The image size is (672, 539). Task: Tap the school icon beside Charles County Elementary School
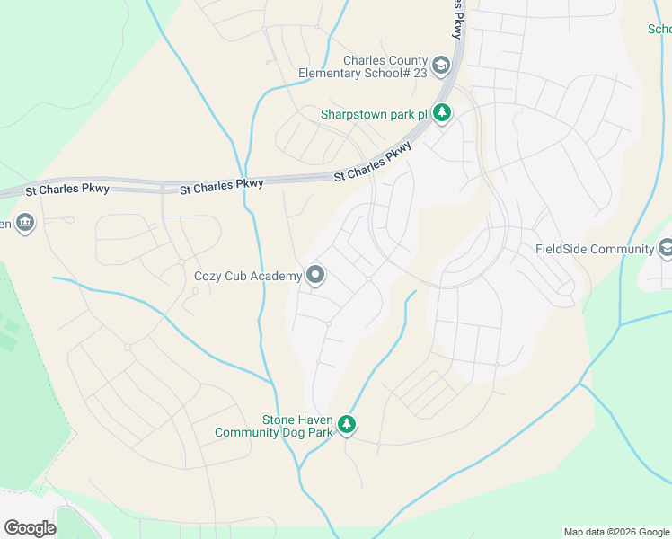tap(441, 66)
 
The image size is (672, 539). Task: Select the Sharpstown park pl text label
tap(374, 114)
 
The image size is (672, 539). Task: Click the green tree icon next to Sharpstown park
tap(441, 113)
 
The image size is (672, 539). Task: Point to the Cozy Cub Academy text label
tap(248, 276)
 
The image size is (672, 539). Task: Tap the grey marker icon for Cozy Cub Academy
tap(315, 276)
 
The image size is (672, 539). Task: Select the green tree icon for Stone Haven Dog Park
tap(347, 425)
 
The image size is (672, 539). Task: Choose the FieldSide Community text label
tap(594, 249)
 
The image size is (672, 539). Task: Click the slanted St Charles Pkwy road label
tap(373, 163)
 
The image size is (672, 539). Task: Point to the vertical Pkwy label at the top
tap(458, 18)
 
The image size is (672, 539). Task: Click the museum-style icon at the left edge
tap(24, 223)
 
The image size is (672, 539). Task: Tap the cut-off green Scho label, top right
tap(659, 29)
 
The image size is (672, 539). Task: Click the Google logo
tap(30, 528)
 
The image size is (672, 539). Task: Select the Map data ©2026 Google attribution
tap(615, 532)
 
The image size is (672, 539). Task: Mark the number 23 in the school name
tap(420, 73)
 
